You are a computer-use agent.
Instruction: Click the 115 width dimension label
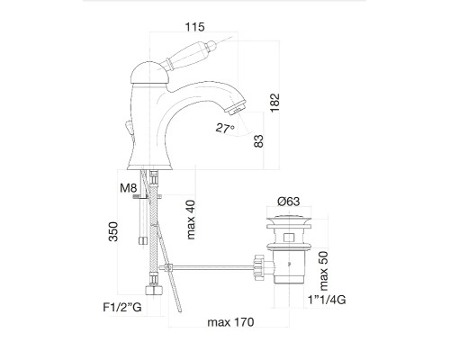194,27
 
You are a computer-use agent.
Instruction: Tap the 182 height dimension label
274,103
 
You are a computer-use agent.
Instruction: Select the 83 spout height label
258,141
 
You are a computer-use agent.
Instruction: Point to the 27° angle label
225,129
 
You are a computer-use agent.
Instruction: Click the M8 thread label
129,188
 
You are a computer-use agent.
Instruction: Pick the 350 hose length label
113,231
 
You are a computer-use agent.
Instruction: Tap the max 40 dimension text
191,220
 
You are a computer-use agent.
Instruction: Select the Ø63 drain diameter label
289,202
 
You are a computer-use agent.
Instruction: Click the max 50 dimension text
324,271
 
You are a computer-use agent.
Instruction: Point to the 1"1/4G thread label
327,300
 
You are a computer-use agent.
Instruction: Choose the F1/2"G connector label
122,307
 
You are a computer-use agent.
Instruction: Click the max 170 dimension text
230,322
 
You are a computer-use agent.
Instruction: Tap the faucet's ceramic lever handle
187,54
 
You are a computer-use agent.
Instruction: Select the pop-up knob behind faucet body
129,128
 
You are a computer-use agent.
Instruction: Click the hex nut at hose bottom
154,290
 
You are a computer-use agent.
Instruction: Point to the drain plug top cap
289,220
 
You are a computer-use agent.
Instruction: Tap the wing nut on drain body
258,267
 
